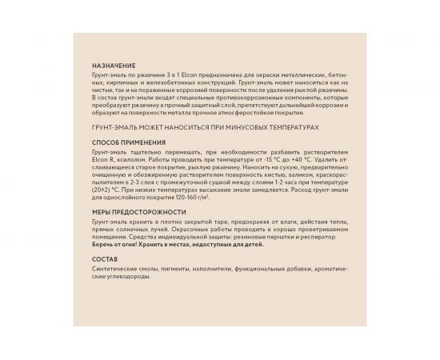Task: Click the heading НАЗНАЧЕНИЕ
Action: coord(114,65)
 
